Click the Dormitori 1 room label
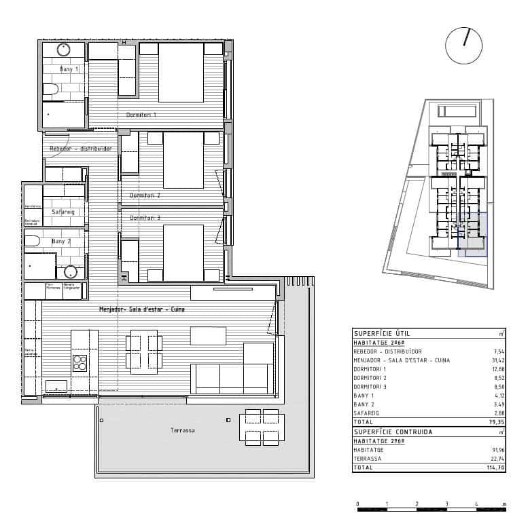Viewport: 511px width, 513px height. pyautogui.click(x=141, y=115)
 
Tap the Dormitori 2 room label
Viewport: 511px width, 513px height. pyautogui.click(x=145, y=195)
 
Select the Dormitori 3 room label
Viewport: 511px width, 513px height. pyautogui.click(x=145, y=218)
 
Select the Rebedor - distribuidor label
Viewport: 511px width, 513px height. pyautogui.click(x=80, y=149)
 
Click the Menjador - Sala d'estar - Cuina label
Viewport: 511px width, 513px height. pyautogui.click(x=142, y=309)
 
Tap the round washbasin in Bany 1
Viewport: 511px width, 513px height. pyautogui.click(x=64, y=50)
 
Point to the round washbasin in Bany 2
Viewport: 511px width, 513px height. pyautogui.click(x=70, y=272)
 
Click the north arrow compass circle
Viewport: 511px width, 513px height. pyautogui.click(x=463, y=45)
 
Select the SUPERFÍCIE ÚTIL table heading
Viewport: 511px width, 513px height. pyautogui.click(x=381, y=333)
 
